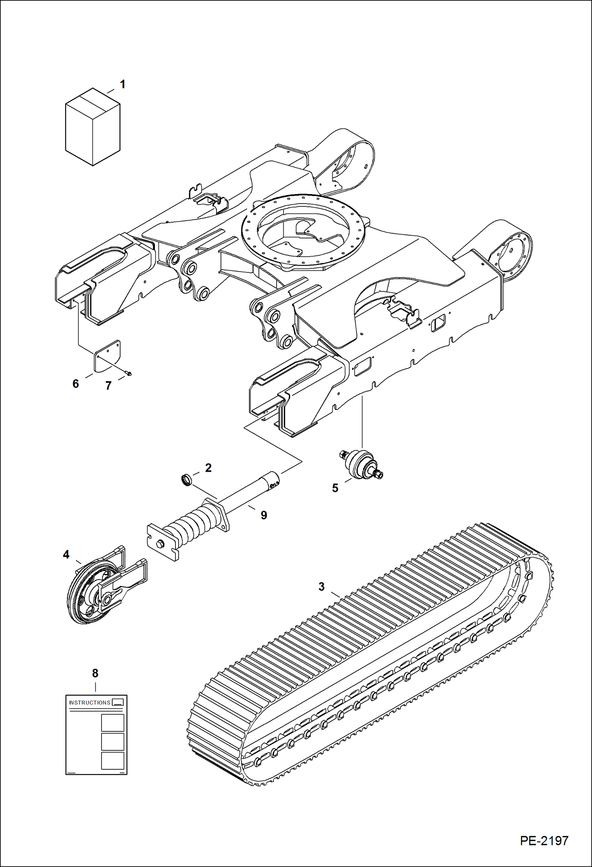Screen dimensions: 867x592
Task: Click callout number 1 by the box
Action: (x=123, y=84)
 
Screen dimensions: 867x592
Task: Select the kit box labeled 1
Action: (x=92, y=127)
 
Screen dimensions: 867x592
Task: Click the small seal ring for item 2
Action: (x=187, y=480)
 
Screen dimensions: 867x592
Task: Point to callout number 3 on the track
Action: (x=321, y=587)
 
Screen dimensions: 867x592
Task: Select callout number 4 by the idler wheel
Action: (x=66, y=555)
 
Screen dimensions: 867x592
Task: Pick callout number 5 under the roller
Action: (x=335, y=488)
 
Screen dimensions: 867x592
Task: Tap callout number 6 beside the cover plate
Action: (x=75, y=383)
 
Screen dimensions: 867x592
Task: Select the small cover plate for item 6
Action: (x=107, y=356)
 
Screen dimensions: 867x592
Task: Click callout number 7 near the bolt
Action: (x=108, y=385)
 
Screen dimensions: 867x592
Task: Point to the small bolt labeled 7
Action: (x=128, y=373)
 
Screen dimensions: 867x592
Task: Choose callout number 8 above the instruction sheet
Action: (x=95, y=673)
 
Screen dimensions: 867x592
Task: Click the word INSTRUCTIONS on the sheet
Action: (x=89, y=703)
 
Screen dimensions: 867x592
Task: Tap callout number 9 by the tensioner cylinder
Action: (x=264, y=515)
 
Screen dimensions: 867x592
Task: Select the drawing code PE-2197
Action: (x=544, y=841)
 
